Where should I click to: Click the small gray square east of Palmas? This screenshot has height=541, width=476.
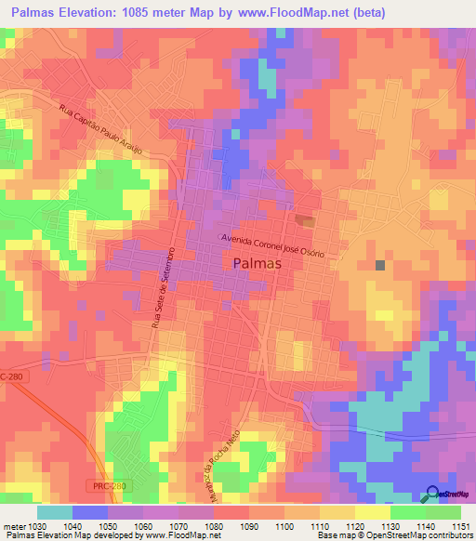(x=380, y=265)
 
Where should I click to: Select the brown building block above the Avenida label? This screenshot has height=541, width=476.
(x=305, y=220)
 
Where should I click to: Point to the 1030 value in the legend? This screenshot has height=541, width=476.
(x=32, y=526)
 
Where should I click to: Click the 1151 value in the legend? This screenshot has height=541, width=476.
(x=461, y=526)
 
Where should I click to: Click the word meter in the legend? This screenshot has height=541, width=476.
(x=10, y=526)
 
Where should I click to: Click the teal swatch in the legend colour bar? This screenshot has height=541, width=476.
(x=55, y=512)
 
